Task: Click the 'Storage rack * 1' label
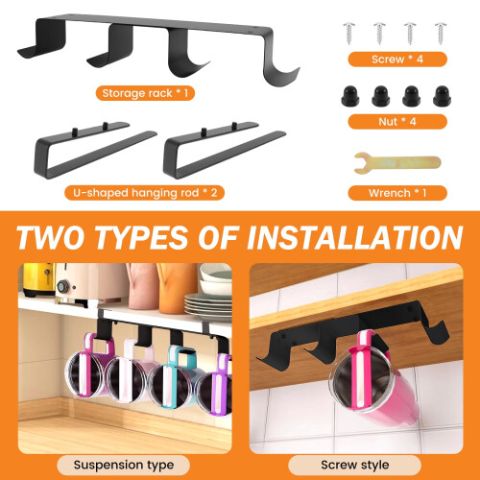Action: pos(145,93)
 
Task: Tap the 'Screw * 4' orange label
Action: pos(397,60)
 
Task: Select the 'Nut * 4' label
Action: pos(397,122)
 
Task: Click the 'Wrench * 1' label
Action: pos(397,193)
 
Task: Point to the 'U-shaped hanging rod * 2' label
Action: pos(145,193)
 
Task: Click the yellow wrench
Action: pos(397,163)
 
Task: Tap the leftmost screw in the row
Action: pos(349,34)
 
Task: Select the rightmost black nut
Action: pos(442,96)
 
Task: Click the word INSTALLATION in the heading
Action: pos(354,237)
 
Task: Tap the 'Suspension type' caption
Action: pos(124,465)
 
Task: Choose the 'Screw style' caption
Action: pos(355,465)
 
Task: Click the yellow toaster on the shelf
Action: pos(37,279)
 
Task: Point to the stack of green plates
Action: pos(207,305)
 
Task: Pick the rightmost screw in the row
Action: pos(441,34)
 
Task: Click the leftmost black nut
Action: pos(350,96)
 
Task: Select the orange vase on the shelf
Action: pos(175,288)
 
